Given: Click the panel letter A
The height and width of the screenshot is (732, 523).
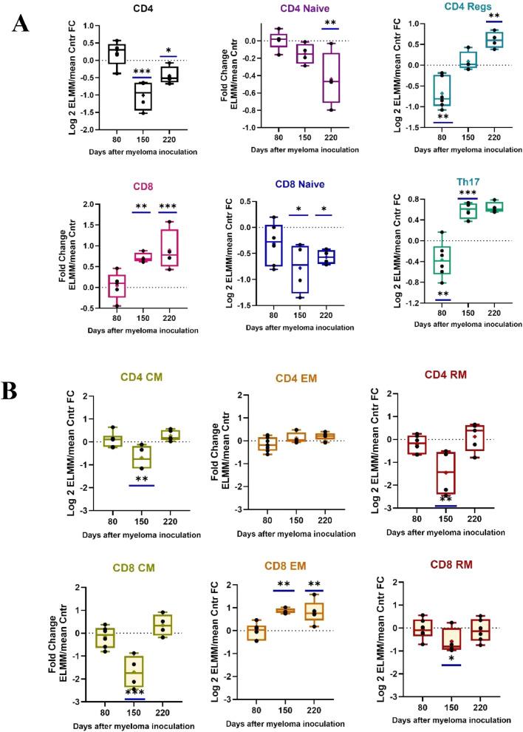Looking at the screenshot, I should point(21,24).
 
